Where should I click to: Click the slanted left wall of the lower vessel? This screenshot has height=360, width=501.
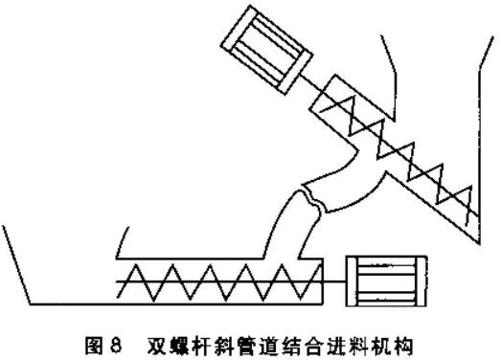tap(16, 264)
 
